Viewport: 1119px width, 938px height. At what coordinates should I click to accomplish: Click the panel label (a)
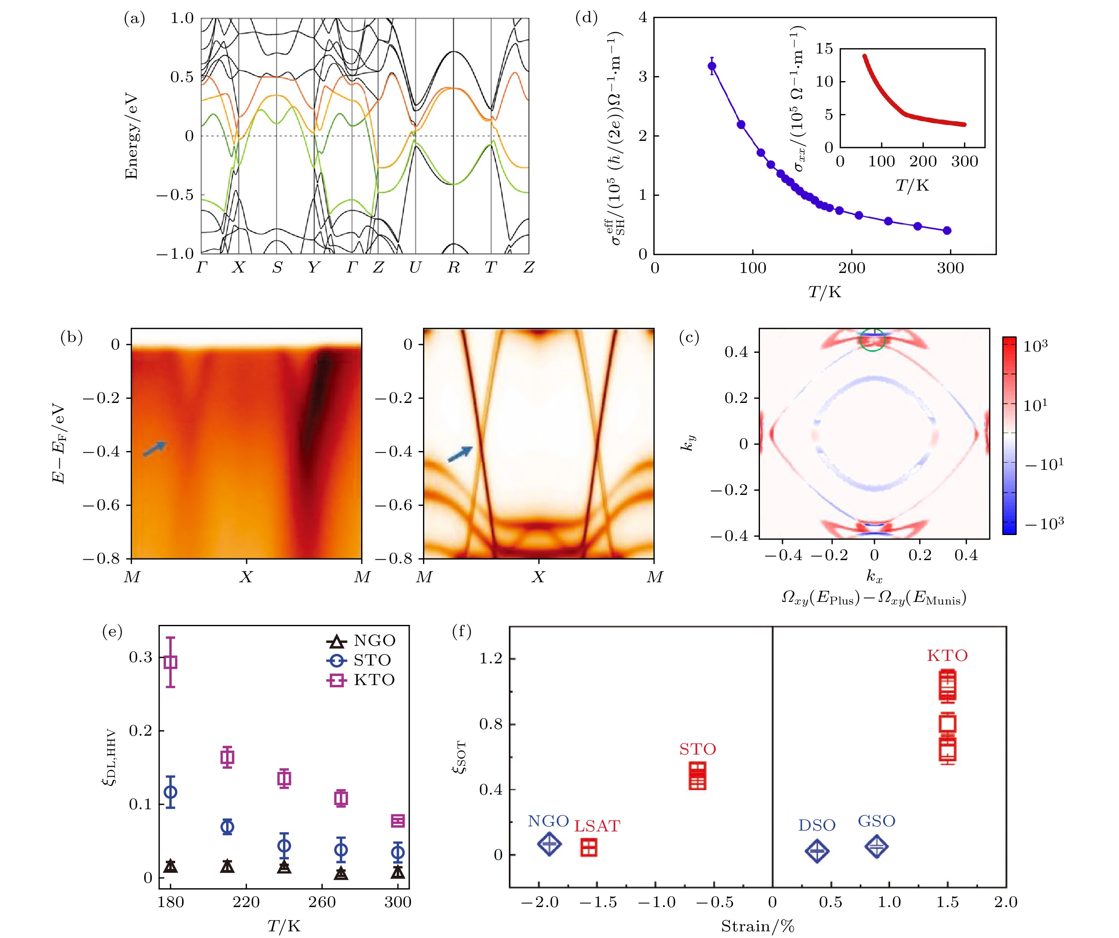click(134, 19)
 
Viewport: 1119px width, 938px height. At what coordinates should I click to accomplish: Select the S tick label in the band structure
click(277, 268)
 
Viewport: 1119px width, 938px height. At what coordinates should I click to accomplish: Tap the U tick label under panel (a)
click(415, 268)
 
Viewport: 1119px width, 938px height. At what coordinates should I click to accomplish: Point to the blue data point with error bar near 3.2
click(712, 66)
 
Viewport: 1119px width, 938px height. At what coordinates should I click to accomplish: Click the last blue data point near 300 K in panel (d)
click(947, 231)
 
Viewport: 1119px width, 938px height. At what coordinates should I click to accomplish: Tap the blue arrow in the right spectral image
click(460, 454)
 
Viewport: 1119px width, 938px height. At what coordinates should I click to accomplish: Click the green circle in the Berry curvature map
click(873, 339)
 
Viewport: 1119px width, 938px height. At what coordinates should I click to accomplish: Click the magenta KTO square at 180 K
click(171, 663)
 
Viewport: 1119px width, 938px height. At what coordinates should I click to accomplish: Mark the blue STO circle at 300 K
click(398, 853)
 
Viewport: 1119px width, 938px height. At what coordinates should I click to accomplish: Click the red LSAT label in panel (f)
click(597, 826)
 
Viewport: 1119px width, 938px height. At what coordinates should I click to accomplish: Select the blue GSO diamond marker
click(877, 846)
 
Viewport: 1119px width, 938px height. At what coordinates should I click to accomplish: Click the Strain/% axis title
click(757, 926)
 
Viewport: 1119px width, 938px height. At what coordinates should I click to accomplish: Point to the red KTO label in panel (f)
click(947, 655)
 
